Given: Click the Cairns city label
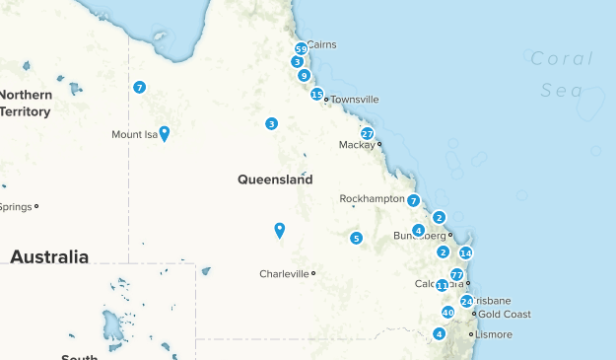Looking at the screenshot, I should coord(322,44).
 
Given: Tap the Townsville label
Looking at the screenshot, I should coord(354,100).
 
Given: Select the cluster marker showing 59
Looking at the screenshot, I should coord(301,49).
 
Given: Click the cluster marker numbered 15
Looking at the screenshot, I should coord(316,95).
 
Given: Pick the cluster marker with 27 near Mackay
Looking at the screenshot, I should coord(367,134).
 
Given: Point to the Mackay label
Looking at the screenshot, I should coord(356,145).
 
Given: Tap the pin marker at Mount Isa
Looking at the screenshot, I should coord(165,132).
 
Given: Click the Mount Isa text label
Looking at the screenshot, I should coord(134,135).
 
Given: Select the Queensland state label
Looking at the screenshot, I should coord(275,180).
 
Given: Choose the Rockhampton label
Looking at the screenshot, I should coord(372,199).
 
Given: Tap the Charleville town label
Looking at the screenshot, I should coord(284,274).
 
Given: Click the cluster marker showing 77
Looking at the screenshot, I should coord(456,275).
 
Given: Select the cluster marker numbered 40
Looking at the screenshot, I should coord(447,313).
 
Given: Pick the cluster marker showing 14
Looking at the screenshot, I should coord(466,253).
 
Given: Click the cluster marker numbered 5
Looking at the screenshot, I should coord(356,238).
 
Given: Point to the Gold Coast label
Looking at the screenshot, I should coord(505,315).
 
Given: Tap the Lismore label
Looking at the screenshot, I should coord(493,335).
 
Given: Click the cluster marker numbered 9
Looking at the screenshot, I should coord(305,75).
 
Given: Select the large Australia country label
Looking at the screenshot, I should coord(49,257).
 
